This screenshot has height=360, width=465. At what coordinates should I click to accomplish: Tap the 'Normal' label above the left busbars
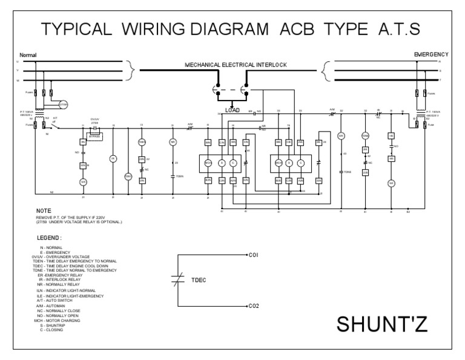(x=28, y=55)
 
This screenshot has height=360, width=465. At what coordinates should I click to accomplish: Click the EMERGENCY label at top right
(x=430, y=55)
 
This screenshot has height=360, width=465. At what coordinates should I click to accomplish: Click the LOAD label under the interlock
(x=232, y=110)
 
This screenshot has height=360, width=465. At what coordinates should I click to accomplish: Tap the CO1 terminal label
(x=254, y=256)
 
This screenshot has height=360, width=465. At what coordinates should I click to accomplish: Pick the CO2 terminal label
(x=254, y=307)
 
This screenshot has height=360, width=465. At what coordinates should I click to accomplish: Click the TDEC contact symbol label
(x=199, y=281)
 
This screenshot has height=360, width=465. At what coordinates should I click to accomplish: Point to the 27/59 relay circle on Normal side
(x=64, y=104)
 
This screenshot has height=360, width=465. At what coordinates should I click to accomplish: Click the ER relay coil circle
(x=340, y=136)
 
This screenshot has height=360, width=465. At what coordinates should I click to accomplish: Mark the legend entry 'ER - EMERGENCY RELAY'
(x=60, y=275)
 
